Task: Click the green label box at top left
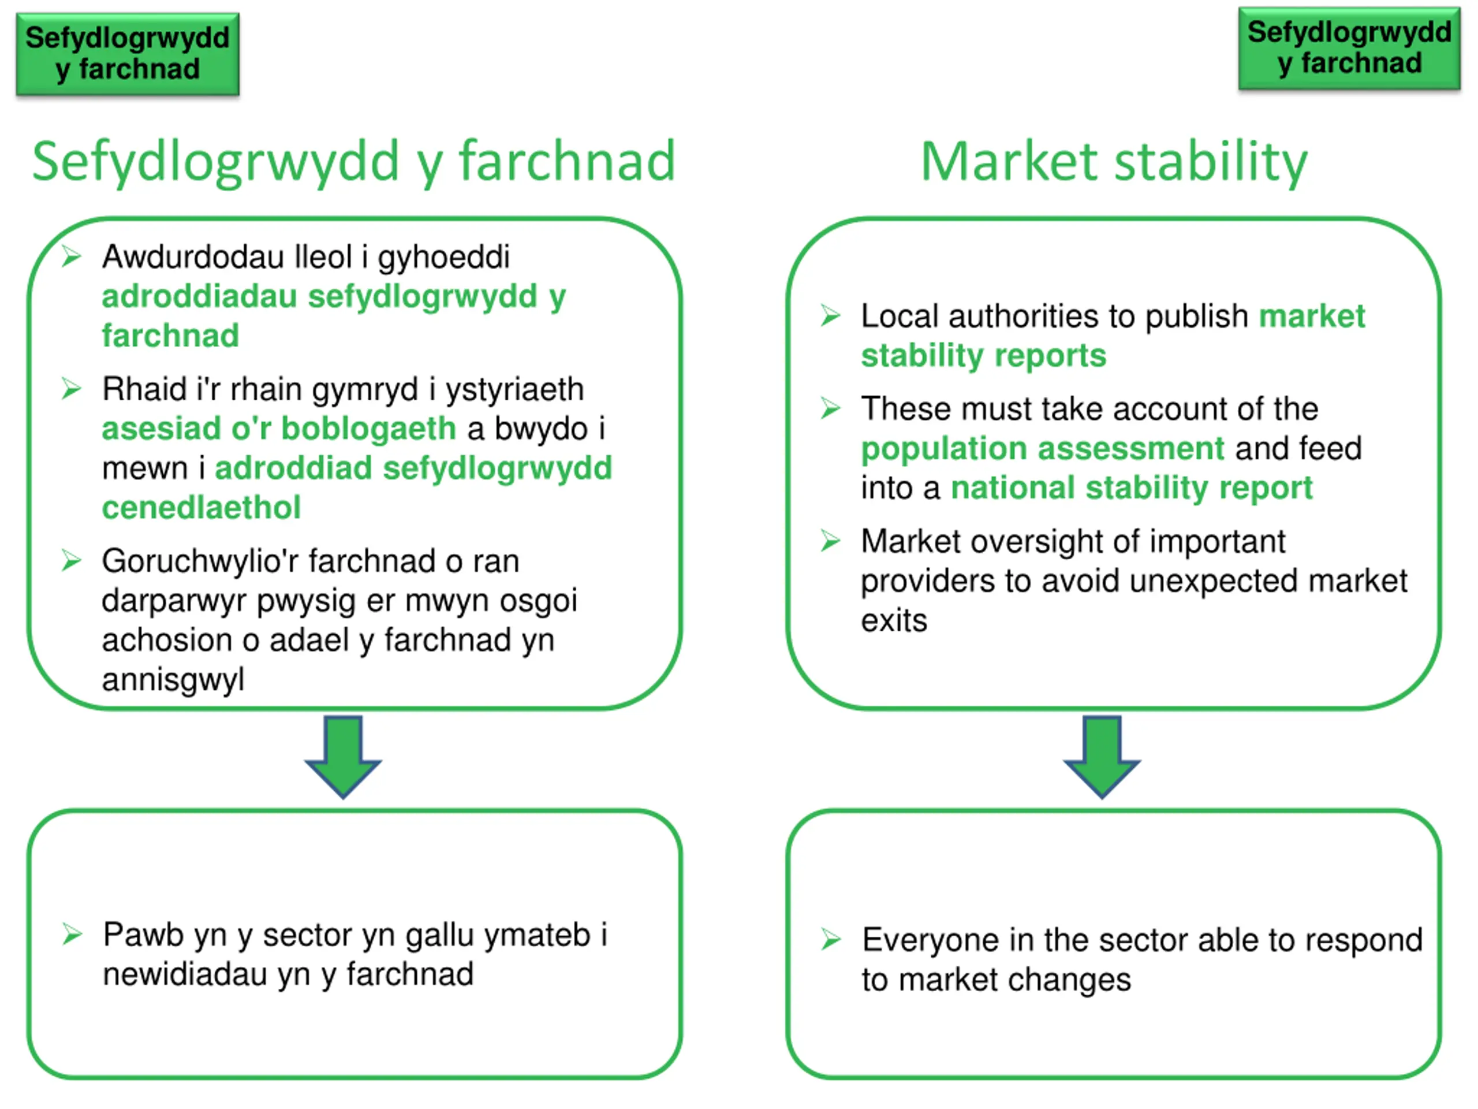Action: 127,54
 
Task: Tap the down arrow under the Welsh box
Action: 343,756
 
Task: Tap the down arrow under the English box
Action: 1101,756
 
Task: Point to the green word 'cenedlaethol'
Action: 201,507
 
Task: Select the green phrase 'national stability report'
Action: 1131,488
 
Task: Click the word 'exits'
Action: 893,621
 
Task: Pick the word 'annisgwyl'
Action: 173,680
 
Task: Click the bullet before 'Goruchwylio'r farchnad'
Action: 72,560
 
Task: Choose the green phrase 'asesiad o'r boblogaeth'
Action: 279,429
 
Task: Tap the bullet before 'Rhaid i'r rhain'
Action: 72,388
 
